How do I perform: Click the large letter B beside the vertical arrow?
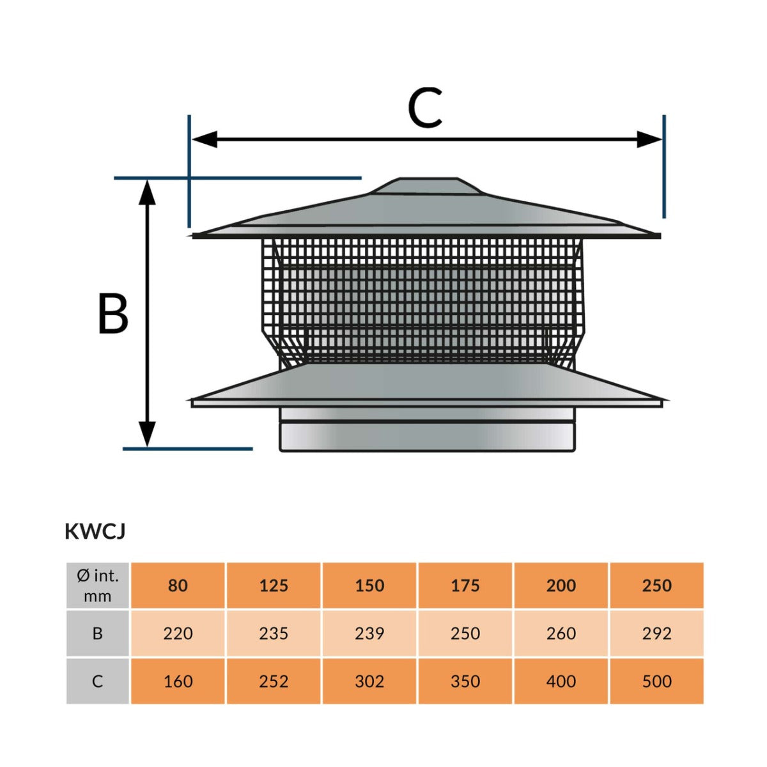click(113, 313)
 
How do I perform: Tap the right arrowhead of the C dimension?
click(649, 139)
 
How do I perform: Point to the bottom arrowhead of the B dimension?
click(148, 435)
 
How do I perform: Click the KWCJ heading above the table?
click(95, 532)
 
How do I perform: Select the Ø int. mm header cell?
click(98, 585)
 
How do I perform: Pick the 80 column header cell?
click(178, 585)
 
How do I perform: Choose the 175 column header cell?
click(465, 585)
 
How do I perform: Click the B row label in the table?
click(98, 633)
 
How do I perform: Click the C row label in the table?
click(98, 681)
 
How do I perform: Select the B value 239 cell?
click(369, 633)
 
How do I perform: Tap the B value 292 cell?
click(657, 633)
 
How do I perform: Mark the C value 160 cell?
click(178, 681)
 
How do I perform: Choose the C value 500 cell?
click(657, 681)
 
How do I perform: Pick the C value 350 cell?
click(465, 681)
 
